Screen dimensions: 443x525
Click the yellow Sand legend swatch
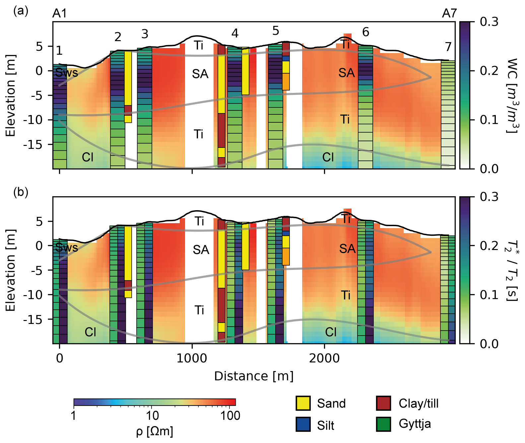(x=303, y=403)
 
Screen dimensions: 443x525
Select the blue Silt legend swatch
(x=303, y=424)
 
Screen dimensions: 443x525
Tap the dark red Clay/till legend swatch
(x=383, y=403)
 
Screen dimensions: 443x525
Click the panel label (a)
(x=21, y=11)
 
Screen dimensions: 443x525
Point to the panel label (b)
(x=21, y=192)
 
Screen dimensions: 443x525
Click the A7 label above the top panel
(x=449, y=14)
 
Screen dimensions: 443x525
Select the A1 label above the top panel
(x=60, y=14)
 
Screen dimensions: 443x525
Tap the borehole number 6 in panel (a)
(x=365, y=32)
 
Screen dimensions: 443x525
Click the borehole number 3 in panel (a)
(x=145, y=34)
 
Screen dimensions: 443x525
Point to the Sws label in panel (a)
(x=67, y=73)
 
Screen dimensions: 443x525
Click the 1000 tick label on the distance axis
(x=192, y=358)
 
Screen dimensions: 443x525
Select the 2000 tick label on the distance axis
(x=324, y=358)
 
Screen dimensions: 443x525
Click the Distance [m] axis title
(x=254, y=376)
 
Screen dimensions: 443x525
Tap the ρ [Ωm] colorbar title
(x=155, y=431)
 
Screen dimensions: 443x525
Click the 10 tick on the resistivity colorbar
(x=152, y=415)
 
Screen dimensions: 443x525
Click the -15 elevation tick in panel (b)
(x=33, y=319)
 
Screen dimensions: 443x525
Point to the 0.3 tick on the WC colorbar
(x=489, y=22)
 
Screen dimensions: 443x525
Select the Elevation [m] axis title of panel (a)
(x=11, y=95)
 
